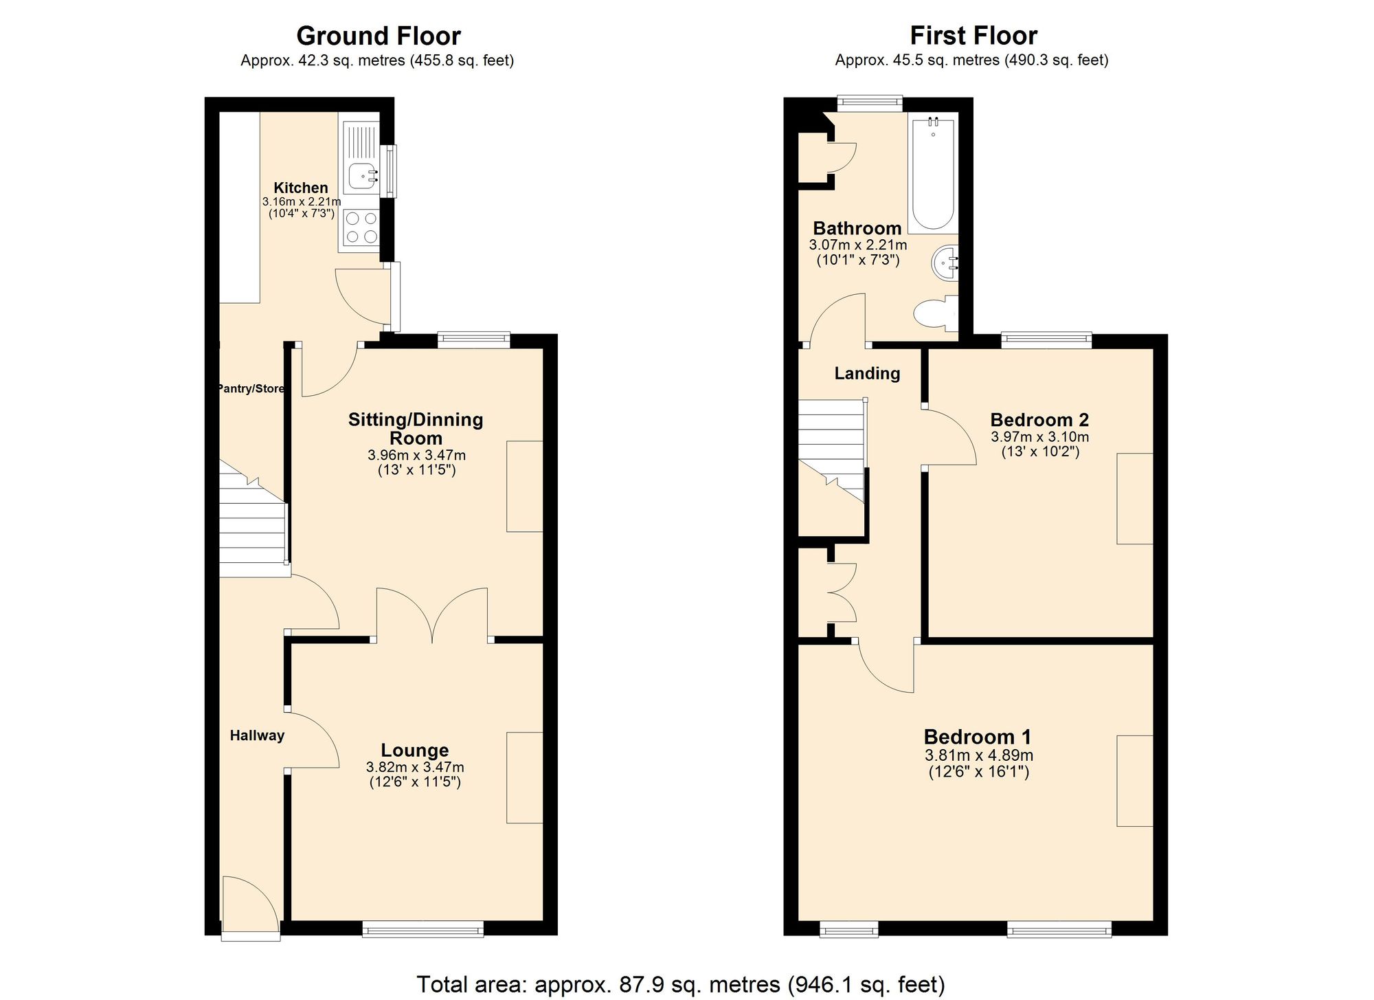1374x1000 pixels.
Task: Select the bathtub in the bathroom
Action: click(932, 175)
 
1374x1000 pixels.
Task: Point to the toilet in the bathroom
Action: click(936, 313)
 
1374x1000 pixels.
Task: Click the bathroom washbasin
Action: click(945, 263)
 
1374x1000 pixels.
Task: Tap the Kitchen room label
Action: click(301, 188)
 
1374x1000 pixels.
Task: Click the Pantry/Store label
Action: click(251, 388)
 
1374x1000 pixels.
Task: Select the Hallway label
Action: click(257, 735)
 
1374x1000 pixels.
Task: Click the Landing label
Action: click(867, 373)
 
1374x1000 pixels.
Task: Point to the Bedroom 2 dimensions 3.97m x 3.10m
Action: click(1039, 436)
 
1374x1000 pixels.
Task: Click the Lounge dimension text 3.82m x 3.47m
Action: click(415, 767)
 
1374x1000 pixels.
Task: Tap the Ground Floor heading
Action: click(379, 35)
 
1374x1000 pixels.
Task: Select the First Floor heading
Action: click(973, 35)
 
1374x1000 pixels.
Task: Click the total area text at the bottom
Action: click(680, 984)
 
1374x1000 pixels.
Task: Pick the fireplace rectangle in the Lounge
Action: click(525, 777)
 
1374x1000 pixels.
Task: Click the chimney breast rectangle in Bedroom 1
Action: click(1134, 780)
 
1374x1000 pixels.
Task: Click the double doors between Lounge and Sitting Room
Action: click(432, 616)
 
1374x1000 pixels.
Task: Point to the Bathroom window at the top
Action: click(869, 103)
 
